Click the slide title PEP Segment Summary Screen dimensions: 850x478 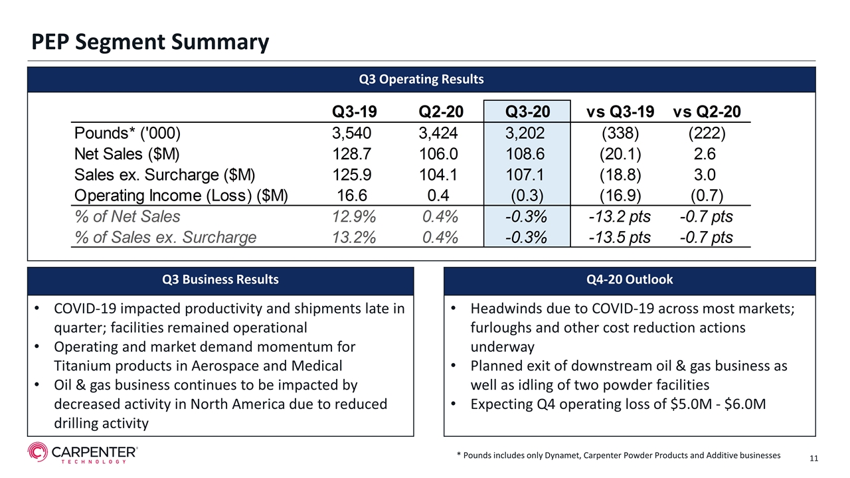point(150,42)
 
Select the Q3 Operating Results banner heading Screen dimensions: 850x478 point(421,79)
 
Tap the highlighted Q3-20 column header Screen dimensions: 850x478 point(527,112)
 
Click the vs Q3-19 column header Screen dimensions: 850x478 point(620,112)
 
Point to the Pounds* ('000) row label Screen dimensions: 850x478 point(127,133)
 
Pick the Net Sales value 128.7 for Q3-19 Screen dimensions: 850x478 point(351,154)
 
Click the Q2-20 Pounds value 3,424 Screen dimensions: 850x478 point(438,133)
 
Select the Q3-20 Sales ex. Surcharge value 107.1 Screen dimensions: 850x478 point(525,175)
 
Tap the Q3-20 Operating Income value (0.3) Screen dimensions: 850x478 point(527,196)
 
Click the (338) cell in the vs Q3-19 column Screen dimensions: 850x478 point(620,133)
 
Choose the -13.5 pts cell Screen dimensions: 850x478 point(620,238)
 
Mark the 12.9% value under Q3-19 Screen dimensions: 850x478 point(354,216)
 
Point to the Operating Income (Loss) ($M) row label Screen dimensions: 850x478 point(181,196)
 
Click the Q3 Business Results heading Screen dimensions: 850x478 point(220,279)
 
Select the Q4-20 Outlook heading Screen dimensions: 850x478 point(630,279)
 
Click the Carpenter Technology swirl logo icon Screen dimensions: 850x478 point(38,452)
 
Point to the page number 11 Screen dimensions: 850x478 point(813,458)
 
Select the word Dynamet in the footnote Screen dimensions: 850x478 point(562,455)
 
